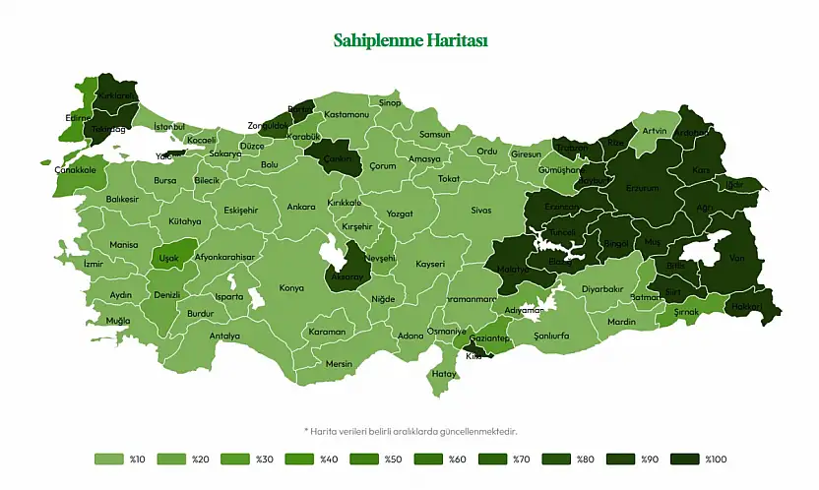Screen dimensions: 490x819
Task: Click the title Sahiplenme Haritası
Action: click(x=409, y=40)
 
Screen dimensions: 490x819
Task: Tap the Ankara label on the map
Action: click(x=301, y=208)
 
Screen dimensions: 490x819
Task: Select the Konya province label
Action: click(x=291, y=288)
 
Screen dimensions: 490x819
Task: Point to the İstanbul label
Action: click(x=169, y=126)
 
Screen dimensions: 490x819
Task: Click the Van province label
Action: click(x=737, y=258)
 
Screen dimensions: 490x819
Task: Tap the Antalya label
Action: click(x=224, y=336)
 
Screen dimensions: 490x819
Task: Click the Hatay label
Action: click(x=445, y=374)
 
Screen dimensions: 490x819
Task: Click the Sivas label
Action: click(x=480, y=211)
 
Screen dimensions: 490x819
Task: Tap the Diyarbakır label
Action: click(x=602, y=289)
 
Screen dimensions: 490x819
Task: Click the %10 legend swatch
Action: click(x=106, y=459)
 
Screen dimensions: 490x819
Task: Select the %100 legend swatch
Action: click(x=684, y=459)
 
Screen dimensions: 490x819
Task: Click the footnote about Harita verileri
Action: click(x=409, y=430)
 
